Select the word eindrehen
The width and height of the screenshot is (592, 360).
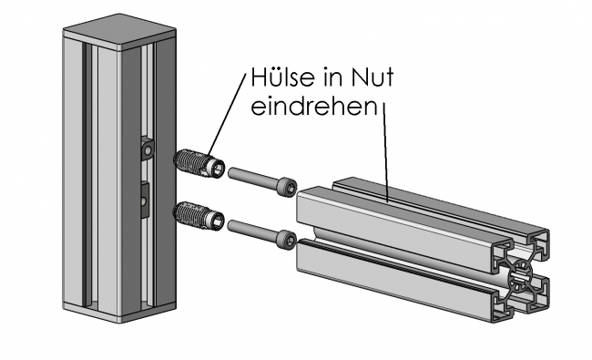click(313, 106)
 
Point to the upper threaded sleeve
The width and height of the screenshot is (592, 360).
click(196, 163)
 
